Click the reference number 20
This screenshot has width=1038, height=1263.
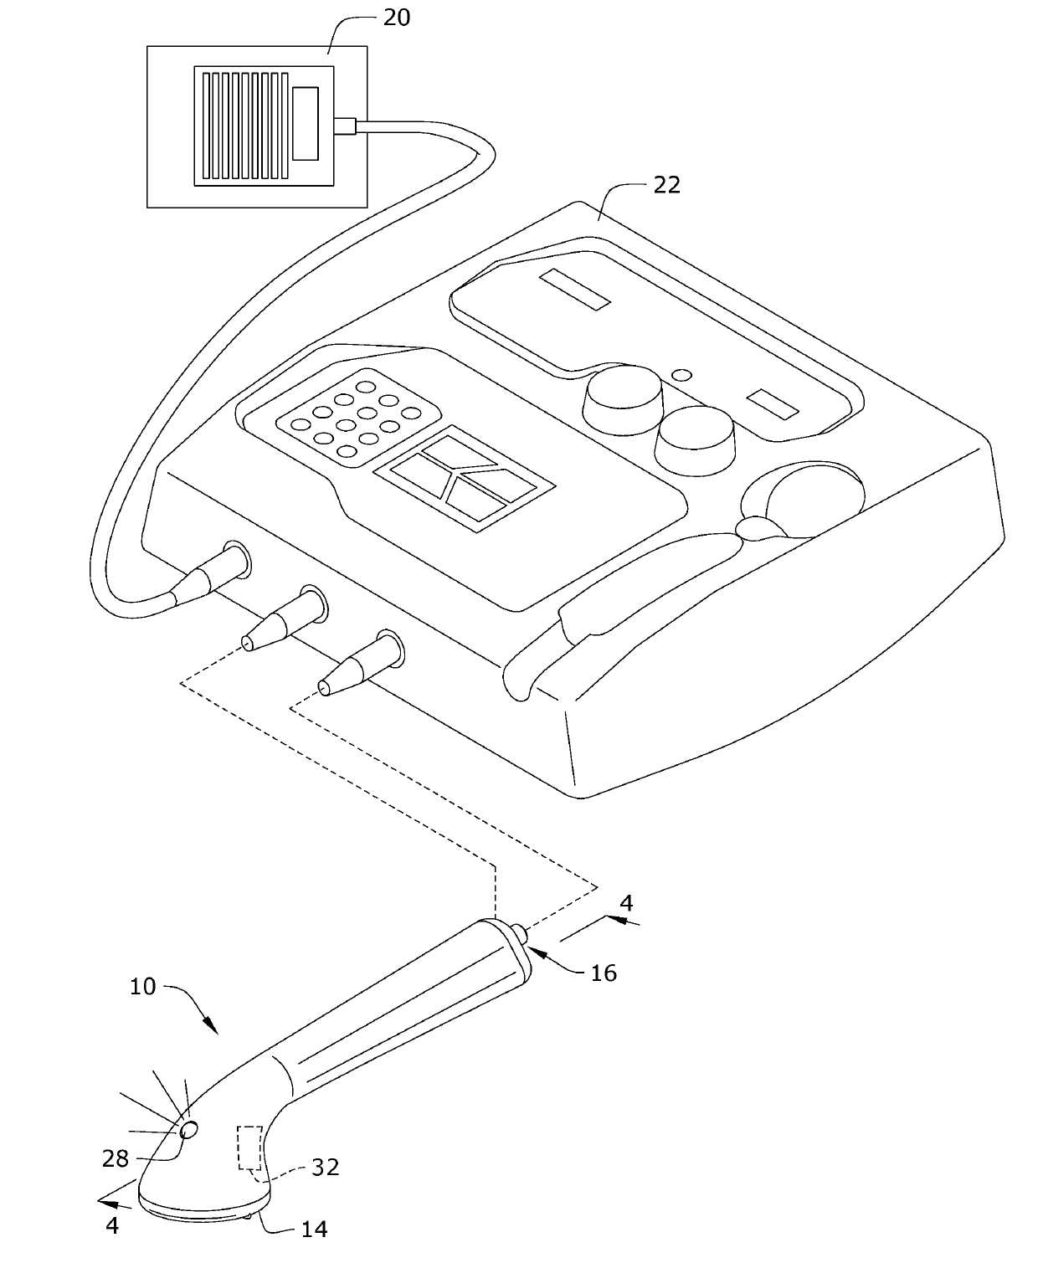(x=397, y=17)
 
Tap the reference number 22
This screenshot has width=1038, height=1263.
(x=666, y=184)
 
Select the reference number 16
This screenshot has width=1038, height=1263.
(x=604, y=972)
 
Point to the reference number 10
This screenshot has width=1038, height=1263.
(x=143, y=986)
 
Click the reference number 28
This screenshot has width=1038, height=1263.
(x=116, y=1158)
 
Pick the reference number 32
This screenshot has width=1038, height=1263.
(x=325, y=1167)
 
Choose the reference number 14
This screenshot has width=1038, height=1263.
(x=314, y=1228)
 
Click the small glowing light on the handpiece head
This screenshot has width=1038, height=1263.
(x=189, y=1130)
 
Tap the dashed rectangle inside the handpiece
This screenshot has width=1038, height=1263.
(x=249, y=1147)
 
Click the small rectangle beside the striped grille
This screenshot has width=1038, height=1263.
(x=306, y=123)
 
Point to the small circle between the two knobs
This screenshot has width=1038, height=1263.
(x=683, y=374)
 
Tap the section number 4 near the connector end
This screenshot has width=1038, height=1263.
(x=625, y=903)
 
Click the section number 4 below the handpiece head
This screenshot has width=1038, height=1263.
(x=112, y=1225)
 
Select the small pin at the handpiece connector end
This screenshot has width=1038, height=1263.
(x=520, y=932)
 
